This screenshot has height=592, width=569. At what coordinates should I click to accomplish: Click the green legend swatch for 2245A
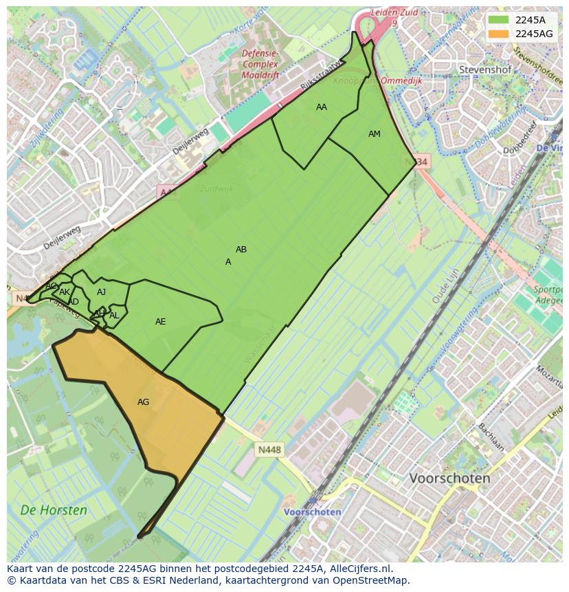click(498, 20)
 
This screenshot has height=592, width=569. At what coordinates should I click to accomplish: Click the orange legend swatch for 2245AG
click(498, 34)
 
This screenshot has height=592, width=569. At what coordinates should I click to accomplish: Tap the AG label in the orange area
click(143, 402)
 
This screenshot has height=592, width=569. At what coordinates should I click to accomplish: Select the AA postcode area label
click(322, 107)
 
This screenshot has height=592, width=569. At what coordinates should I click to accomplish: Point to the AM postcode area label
click(374, 134)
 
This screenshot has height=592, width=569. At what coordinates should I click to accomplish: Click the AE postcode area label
click(160, 322)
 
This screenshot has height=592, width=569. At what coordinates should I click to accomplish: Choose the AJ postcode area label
click(101, 292)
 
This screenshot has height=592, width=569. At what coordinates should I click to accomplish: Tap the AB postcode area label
click(241, 250)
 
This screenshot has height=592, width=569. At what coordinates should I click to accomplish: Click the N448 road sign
click(269, 450)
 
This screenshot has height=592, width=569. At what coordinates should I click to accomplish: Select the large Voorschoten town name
click(449, 478)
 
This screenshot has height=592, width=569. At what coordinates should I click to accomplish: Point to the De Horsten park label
click(54, 510)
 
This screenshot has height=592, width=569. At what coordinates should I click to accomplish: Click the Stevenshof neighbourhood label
click(484, 69)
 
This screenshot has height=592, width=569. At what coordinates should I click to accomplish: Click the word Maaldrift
click(260, 75)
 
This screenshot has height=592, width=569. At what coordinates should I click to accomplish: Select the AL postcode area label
click(114, 316)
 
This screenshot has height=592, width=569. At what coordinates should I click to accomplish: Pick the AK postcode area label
click(65, 292)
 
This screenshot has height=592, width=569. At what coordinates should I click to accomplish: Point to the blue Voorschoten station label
click(313, 512)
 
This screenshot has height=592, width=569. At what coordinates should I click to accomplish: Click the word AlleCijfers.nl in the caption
click(360, 569)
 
